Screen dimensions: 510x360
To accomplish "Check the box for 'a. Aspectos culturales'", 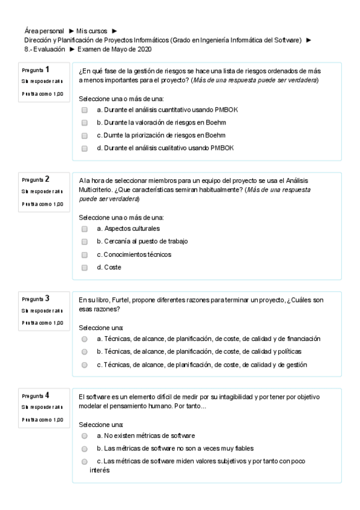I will coord(85,229).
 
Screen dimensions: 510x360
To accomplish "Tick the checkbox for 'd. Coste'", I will coord(85,268).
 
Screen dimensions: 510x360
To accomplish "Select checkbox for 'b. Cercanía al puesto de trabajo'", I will coord(85,242).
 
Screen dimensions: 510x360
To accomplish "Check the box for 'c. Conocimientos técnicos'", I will coord(85,255).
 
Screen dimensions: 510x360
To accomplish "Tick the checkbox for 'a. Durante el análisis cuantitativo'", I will coord(85,110).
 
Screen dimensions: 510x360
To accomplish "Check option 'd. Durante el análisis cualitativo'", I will coord(85,148).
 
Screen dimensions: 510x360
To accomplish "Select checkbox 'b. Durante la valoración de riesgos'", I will coord(85,123).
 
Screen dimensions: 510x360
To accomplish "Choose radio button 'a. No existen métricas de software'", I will coord(85,435).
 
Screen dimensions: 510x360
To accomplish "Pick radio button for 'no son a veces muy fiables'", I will coord(85,449).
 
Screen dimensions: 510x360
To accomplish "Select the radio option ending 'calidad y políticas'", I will coord(85,352).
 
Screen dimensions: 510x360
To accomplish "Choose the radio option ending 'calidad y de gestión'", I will coord(85,365).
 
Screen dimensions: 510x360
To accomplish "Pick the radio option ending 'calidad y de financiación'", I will coord(85,339).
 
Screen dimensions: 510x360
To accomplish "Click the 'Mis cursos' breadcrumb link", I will coord(93,30).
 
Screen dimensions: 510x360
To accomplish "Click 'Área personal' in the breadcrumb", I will coord(44,30).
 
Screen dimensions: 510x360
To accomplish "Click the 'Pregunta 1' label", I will coord(35,70).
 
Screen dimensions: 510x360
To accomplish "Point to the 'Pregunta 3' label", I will coord(35,299).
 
